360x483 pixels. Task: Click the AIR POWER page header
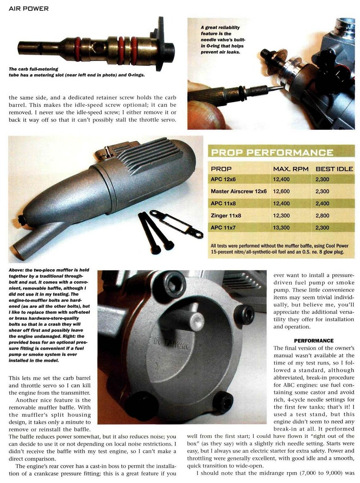tap(28, 8)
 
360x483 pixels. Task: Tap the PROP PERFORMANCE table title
tap(272, 152)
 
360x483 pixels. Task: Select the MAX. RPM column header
tap(291, 169)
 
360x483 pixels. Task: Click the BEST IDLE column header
tap(334, 169)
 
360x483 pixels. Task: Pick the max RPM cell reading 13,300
tap(281, 227)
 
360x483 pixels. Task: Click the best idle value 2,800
tap(322, 216)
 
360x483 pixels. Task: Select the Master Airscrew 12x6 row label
tap(239, 191)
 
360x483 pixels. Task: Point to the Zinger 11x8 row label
tap(226, 216)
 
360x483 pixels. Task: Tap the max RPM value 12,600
tap(281, 191)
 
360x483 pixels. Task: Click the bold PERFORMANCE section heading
tap(314, 340)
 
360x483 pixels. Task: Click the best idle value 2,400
tap(322, 203)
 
